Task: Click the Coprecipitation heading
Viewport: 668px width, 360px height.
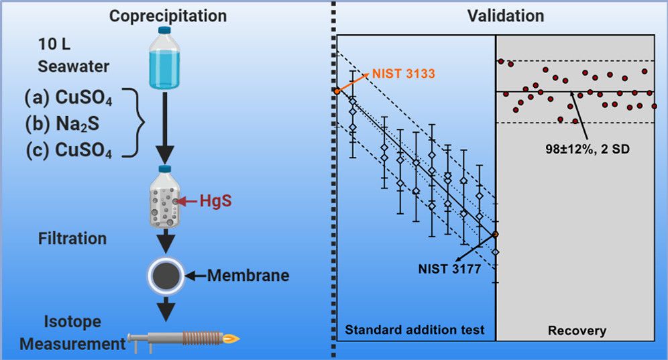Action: click(168, 15)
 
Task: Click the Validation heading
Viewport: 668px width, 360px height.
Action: click(506, 15)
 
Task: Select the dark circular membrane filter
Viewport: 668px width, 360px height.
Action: click(166, 275)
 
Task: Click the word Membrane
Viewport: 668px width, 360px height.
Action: click(247, 275)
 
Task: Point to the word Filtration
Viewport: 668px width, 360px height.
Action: click(72, 239)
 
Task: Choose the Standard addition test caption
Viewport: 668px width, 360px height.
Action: click(414, 329)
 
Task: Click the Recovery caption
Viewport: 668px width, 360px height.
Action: click(576, 331)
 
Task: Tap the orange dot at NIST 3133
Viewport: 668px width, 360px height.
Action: click(336, 91)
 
